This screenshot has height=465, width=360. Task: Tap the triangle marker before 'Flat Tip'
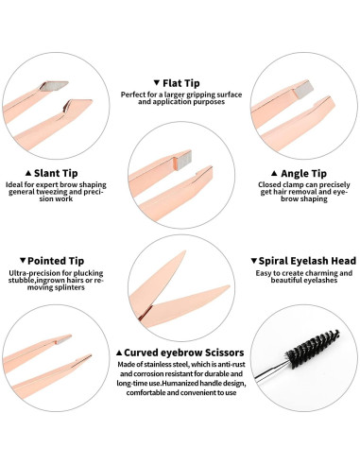(x=156, y=82)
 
